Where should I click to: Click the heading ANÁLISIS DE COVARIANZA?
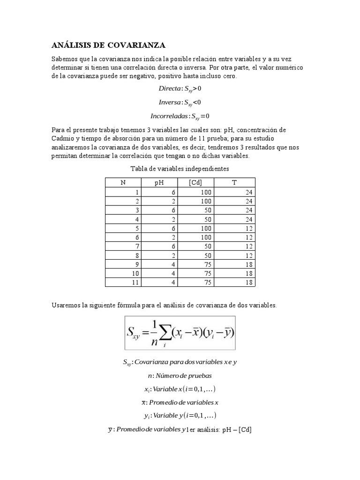point(108,45)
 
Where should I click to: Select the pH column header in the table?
point(160,183)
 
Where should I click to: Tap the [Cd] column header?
point(195,183)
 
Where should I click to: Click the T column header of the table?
point(234,183)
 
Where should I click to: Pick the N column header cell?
point(123,183)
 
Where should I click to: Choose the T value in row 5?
point(248,228)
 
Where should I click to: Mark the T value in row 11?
point(248,282)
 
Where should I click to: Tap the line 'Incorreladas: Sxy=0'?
point(180,116)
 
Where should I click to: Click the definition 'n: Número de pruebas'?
point(180,375)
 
